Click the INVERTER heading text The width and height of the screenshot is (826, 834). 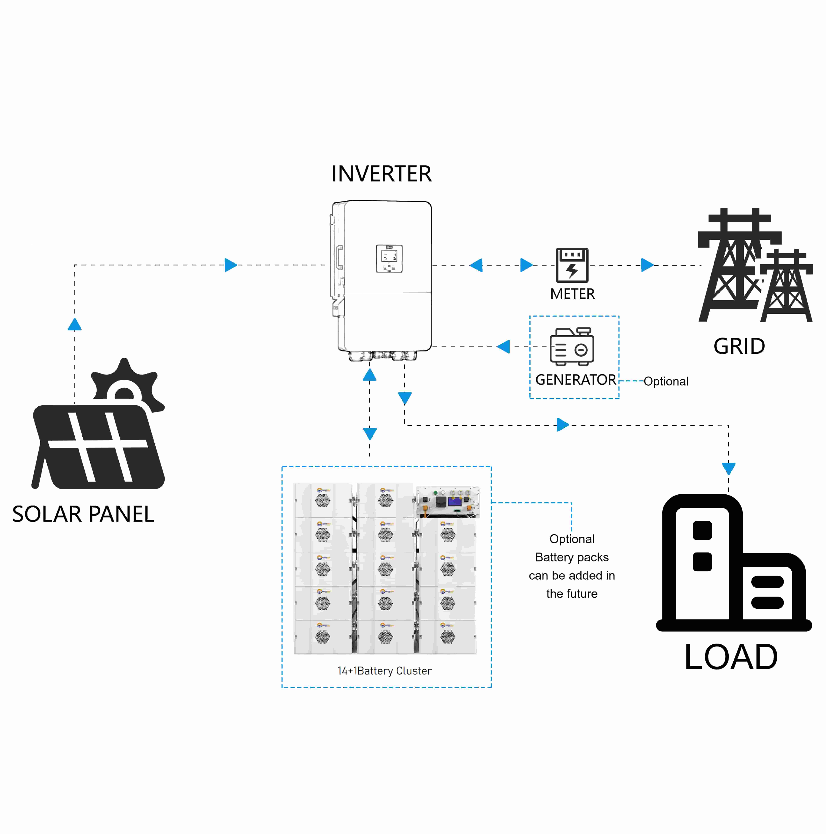click(382, 174)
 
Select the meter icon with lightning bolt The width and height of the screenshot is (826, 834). click(572, 265)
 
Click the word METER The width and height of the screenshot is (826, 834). click(572, 294)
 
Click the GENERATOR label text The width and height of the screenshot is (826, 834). click(575, 380)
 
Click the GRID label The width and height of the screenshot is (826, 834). click(739, 346)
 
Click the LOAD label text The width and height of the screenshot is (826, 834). click(731, 657)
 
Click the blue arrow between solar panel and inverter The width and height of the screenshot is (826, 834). click(231, 265)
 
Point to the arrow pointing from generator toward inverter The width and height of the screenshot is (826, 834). click(503, 346)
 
